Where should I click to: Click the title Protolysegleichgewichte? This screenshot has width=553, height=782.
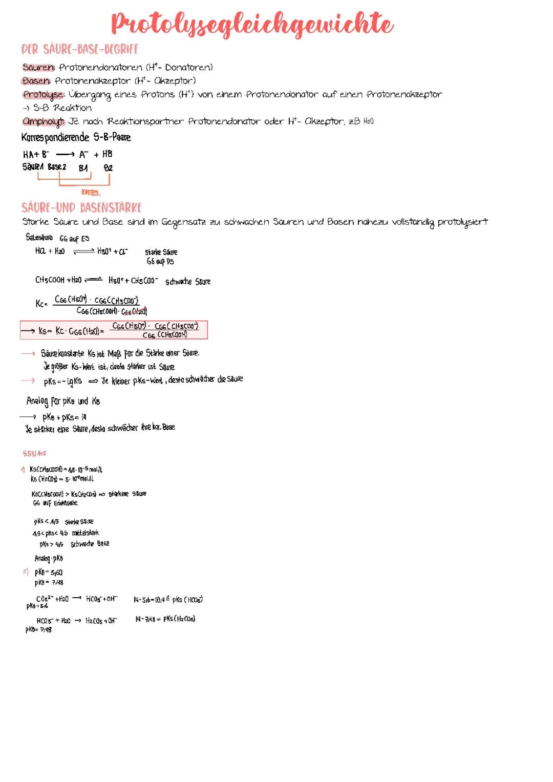coord(252,25)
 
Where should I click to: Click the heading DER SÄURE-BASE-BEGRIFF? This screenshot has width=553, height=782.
coord(80,49)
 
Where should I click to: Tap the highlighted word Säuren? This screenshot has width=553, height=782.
coord(38,67)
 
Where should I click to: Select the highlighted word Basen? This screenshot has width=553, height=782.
coord(36,81)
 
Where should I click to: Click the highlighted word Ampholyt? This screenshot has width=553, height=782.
coord(44,122)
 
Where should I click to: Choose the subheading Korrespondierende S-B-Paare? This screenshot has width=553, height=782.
coord(76,137)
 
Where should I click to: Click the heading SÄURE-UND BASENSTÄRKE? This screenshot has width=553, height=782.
coord(81,207)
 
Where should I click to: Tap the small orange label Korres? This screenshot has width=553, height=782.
coord(91,193)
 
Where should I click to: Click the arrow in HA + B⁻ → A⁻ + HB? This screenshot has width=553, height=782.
coord(65,154)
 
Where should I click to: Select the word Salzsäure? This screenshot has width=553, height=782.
coord(39,237)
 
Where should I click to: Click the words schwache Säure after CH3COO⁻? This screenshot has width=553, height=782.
coord(188,282)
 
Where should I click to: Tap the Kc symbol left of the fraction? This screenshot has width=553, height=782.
coord(41,304)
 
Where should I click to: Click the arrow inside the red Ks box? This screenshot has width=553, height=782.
coord(28,331)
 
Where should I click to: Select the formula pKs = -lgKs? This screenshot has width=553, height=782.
coord(62,382)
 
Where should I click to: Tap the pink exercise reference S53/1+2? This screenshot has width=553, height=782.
coord(35,454)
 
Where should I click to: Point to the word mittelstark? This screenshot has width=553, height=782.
coord(86,533)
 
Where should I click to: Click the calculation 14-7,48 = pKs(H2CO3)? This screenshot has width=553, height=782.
coord(165,619)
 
